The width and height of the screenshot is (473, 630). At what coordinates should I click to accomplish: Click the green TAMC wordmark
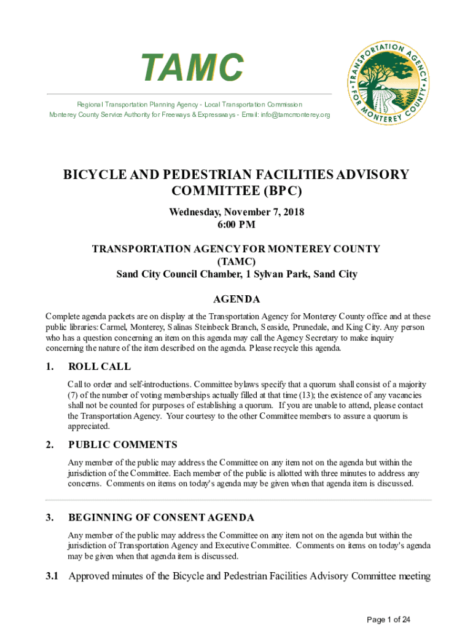192,67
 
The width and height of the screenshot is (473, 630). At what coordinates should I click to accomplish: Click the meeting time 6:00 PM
237,225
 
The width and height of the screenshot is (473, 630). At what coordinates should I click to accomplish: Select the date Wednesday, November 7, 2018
237,212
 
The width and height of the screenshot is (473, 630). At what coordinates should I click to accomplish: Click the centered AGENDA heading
237,300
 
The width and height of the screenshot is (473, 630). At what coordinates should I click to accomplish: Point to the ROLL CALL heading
100,367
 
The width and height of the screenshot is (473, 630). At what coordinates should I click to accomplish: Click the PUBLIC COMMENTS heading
123,445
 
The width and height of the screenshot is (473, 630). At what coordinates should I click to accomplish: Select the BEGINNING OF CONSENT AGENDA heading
161,517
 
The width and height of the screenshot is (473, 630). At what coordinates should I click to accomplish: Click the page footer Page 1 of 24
388,620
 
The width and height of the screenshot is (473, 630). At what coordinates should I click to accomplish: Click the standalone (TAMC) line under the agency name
237,261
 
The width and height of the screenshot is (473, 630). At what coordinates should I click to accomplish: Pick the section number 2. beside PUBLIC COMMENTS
50,445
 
